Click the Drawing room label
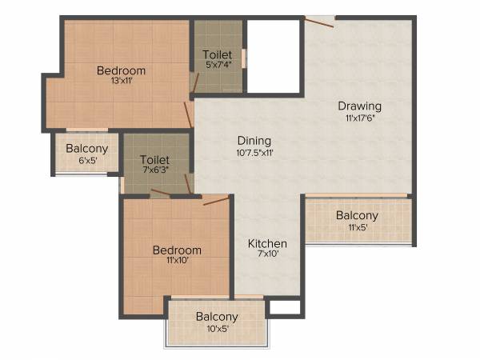click(x=359, y=106)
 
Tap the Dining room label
click(x=254, y=140)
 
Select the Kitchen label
click(x=267, y=243)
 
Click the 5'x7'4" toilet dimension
click(x=217, y=66)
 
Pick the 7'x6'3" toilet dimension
click(x=154, y=170)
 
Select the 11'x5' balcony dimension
click(x=358, y=227)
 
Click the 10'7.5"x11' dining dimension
click(x=255, y=152)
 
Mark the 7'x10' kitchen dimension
click(x=266, y=255)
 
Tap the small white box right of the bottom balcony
click(x=283, y=306)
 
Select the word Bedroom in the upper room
click(x=121, y=70)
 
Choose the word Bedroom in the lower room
click(x=177, y=250)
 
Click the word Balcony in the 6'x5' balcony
click(x=87, y=148)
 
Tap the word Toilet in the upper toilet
click(x=218, y=54)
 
